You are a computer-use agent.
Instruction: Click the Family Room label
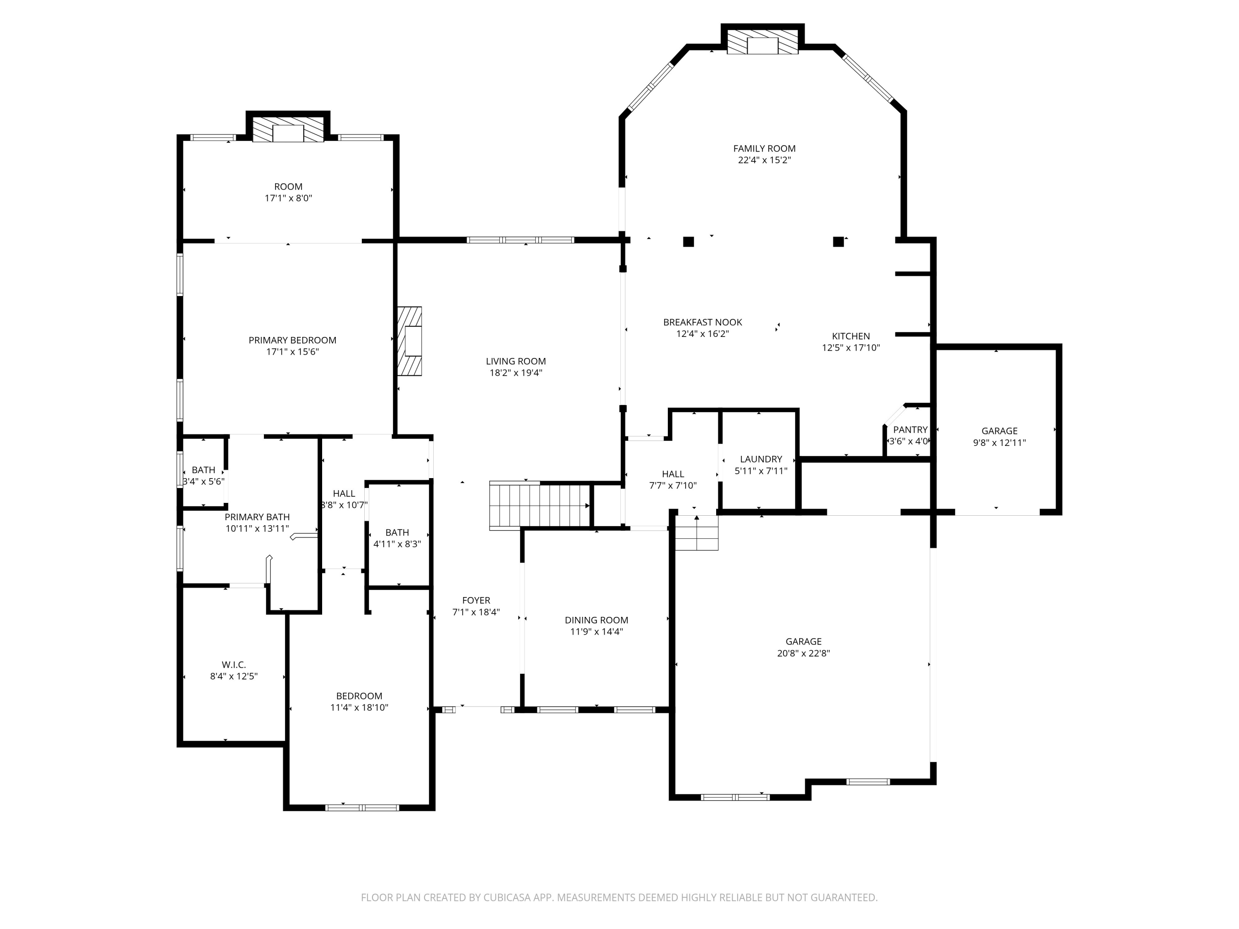click(x=764, y=148)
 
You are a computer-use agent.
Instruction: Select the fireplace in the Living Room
click(x=409, y=341)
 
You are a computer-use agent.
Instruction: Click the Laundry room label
click(x=761, y=459)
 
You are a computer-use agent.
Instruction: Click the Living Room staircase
click(x=540, y=506)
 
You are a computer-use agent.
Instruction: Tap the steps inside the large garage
click(x=696, y=533)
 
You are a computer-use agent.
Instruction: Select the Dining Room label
click(x=596, y=620)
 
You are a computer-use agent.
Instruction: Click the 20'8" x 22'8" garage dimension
click(x=803, y=653)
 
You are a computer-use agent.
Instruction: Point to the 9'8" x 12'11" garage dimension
click(x=999, y=442)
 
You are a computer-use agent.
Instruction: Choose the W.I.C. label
click(x=234, y=665)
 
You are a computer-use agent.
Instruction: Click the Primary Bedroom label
click(x=292, y=340)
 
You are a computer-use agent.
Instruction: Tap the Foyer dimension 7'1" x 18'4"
click(x=476, y=612)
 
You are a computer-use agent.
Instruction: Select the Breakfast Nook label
click(x=703, y=322)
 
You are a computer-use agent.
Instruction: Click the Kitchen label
click(x=851, y=336)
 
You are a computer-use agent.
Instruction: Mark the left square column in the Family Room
click(x=688, y=242)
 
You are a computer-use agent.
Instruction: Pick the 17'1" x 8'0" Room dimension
click(x=288, y=198)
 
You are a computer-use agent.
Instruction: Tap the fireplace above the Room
click(x=288, y=129)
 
